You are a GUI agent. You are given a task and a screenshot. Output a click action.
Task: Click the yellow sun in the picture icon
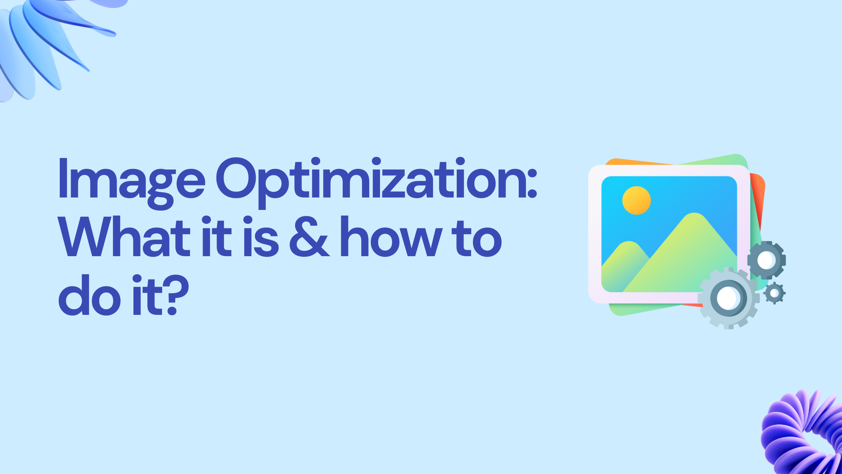pyautogui.click(x=636, y=201)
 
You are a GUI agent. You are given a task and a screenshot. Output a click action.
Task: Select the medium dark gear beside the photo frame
pyautogui.click(x=766, y=260)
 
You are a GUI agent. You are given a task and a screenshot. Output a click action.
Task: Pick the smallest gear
pyautogui.click(x=774, y=293)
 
